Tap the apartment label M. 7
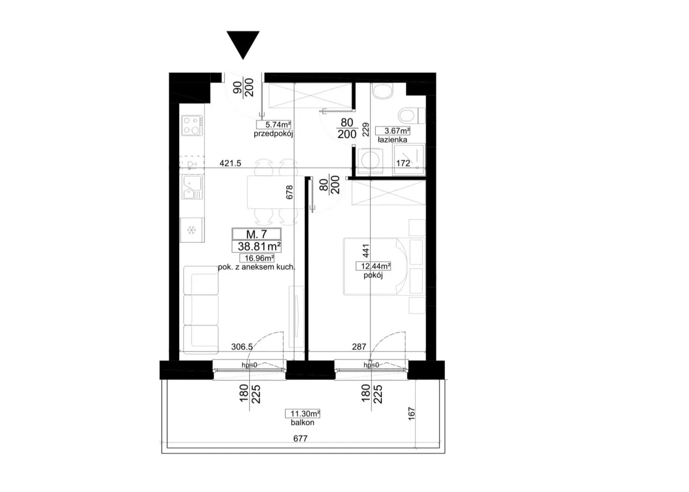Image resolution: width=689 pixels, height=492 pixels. (x=256, y=234)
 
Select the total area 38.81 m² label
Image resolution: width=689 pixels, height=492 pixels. (x=259, y=247)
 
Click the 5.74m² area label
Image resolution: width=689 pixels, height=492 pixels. (x=273, y=124)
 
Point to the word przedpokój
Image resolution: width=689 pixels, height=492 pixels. (x=273, y=134)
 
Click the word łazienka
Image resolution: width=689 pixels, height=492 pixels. (x=392, y=139)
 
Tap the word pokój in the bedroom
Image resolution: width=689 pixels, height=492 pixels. (x=373, y=276)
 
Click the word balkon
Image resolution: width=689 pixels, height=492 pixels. (x=303, y=423)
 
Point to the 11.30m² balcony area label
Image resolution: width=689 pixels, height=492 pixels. (x=303, y=413)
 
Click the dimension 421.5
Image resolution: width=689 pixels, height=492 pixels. (x=230, y=163)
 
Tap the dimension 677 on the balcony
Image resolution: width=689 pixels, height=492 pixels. (x=300, y=439)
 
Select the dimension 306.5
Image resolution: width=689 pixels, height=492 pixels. (x=242, y=347)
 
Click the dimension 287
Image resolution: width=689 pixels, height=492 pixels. (x=359, y=347)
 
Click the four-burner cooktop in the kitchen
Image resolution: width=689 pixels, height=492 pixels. (x=192, y=125)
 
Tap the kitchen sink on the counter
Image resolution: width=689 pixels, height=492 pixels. (x=192, y=187)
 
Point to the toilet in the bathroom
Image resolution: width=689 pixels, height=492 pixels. (x=412, y=116)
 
